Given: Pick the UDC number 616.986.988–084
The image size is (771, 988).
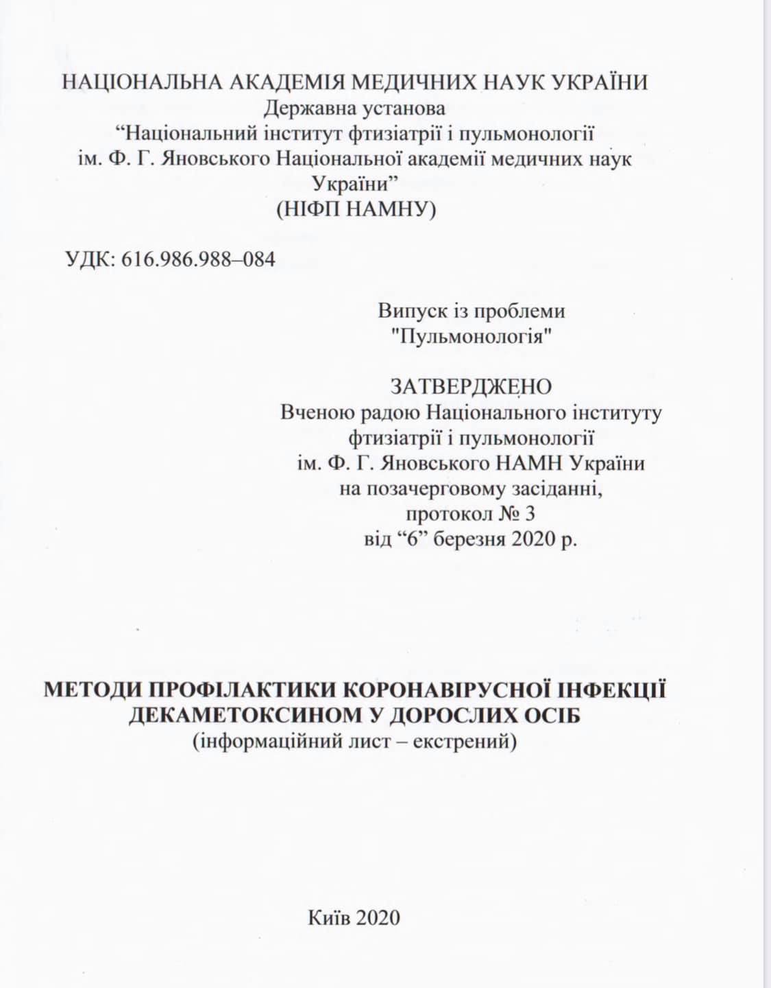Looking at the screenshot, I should click(x=198, y=260).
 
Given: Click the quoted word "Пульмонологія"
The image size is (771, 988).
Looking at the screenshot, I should click(x=472, y=337).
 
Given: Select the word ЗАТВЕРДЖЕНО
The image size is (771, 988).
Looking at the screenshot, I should click(x=471, y=387).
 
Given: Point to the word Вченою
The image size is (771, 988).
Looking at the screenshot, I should click(x=316, y=413).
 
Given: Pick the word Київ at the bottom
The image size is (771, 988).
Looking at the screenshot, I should click(x=330, y=917).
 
